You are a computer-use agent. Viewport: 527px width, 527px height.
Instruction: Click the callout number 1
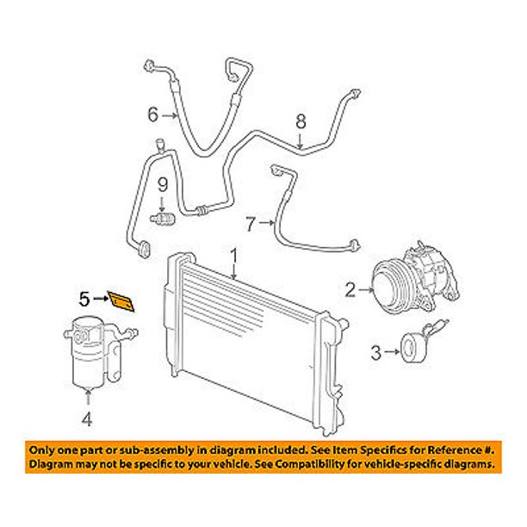tap(232, 255)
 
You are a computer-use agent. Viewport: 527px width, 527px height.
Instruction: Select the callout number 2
tap(350, 290)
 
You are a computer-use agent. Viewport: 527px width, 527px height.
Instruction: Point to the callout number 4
tap(86, 419)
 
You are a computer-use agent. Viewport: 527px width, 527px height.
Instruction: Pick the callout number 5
tap(85, 300)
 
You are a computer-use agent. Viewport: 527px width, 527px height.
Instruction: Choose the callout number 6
tap(153, 113)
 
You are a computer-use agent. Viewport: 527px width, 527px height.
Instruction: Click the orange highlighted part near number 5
tap(121, 301)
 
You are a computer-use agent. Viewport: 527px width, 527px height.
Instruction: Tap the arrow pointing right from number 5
tap(99, 300)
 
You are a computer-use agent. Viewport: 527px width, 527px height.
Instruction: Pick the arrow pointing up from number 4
tap(86, 400)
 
